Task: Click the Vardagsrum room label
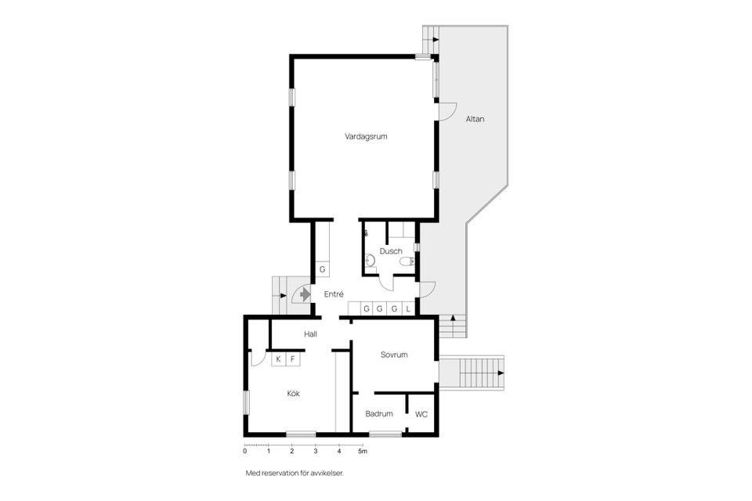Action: point(366,136)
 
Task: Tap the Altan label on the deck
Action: point(475,119)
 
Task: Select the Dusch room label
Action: point(391,251)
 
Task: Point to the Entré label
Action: point(334,294)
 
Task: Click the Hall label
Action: point(311,334)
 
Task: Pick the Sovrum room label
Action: point(394,355)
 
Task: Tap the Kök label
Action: point(293,394)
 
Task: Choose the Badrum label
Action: point(379,414)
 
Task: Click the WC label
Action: point(421,414)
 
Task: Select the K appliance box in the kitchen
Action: point(277,359)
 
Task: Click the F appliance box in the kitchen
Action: point(293,359)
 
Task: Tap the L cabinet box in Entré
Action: point(408,309)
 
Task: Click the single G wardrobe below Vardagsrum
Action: point(322,270)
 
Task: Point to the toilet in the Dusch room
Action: point(405,262)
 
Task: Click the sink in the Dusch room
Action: point(369,262)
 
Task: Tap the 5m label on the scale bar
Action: point(363,452)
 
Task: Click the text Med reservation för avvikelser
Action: point(295,474)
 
